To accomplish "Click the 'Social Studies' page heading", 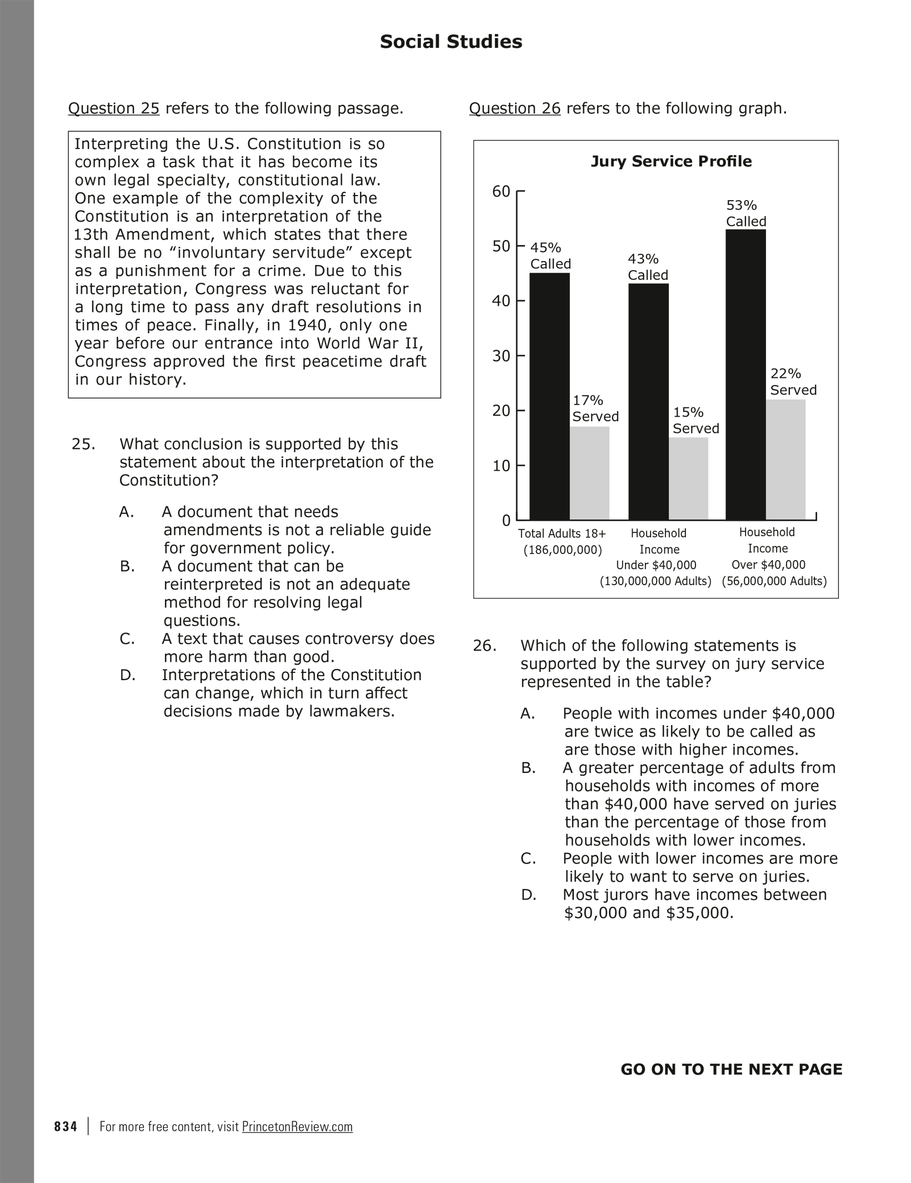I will pyautogui.click(x=451, y=42).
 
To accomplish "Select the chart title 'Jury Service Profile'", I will pyautogui.click(x=670, y=162).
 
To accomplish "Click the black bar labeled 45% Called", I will pyautogui.click(x=549, y=396).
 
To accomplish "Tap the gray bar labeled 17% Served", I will pyautogui.click(x=590, y=473).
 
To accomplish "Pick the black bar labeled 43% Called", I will pyautogui.click(x=648, y=401).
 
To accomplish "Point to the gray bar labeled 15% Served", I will pyautogui.click(x=688, y=478).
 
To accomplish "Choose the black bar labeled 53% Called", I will pyautogui.click(x=745, y=374).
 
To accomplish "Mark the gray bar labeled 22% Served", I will pyautogui.click(x=785, y=460).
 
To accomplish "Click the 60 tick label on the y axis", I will pyautogui.click(x=501, y=192).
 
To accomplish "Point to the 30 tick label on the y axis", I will pyautogui.click(x=501, y=356).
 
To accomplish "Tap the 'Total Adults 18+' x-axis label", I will pyautogui.click(x=562, y=534).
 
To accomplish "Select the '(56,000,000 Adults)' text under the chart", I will pyautogui.click(x=774, y=582).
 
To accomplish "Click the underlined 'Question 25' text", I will pyautogui.click(x=114, y=108).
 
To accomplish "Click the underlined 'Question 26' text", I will pyautogui.click(x=515, y=108).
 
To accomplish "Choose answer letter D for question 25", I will pyautogui.click(x=127, y=676).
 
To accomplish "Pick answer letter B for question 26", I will pyautogui.click(x=528, y=768).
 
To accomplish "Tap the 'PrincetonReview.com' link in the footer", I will pyautogui.click(x=297, y=1126).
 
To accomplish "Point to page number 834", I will pyautogui.click(x=66, y=1126).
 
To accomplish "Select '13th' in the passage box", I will pyautogui.click(x=92, y=234).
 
